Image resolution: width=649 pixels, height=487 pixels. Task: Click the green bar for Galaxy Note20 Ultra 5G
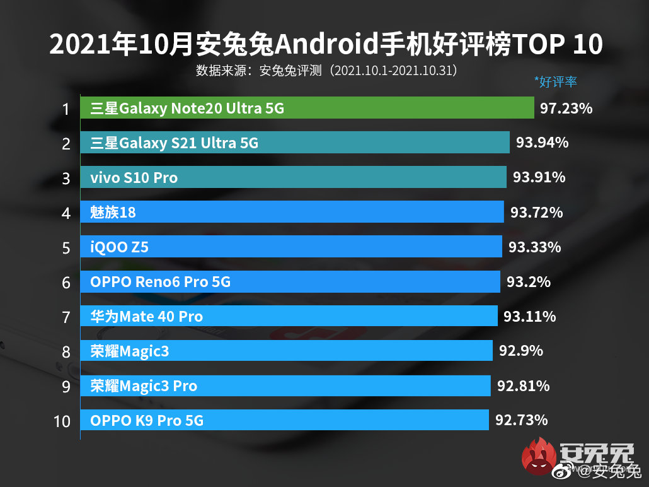pyautogui.click(x=307, y=109)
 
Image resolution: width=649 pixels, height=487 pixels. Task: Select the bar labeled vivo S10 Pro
pyautogui.click(x=294, y=178)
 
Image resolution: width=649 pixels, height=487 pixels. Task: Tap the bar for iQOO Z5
pyautogui.click(x=291, y=247)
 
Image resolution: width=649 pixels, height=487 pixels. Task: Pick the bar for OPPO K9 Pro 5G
pyautogui.click(x=284, y=420)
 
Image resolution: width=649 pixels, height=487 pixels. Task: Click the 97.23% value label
pyautogui.click(x=566, y=109)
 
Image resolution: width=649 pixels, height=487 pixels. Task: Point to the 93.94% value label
pyautogui.click(x=542, y=143)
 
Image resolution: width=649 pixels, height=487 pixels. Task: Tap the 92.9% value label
pyautogui.click(x=520, y=350)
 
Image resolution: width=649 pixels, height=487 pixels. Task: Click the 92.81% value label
pyautogui.click(x=522, y=385)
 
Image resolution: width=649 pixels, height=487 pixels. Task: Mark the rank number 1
pyautogui.click(x=65, y=110)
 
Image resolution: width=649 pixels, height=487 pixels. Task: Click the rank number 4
pyautogui.click(x=66, y=213)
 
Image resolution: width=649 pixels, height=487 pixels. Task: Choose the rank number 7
pyautogui.click(x=66, y=317)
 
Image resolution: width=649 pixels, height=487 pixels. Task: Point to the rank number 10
pyautogui.click(x=62, y=421)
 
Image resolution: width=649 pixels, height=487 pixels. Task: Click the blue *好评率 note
pyautogui.click(x=555, y=81)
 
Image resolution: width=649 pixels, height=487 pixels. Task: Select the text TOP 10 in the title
pyautogui.click(x=558, y=45)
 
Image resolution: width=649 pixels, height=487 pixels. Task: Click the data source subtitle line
pyautogui.click(x=326, y=70)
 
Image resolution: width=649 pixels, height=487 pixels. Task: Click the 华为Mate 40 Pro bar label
pyautogui.click(x=146, y=316)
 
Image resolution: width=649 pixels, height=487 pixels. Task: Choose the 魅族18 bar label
pyautogui.click(x=113, y=213)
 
